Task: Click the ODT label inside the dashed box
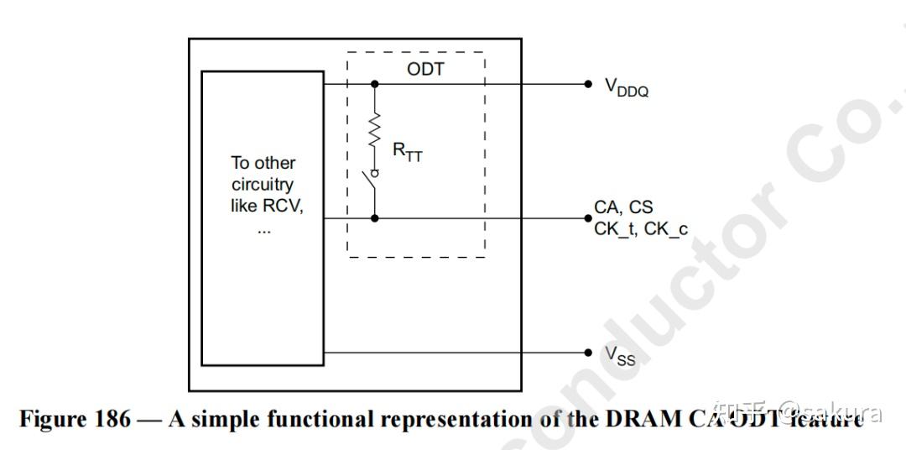(425, 69)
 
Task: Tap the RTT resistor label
(408, 152)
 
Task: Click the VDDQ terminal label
(627, 87)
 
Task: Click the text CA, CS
(623, 207)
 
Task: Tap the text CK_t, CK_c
(641, 228)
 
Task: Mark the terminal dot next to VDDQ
(588, 84)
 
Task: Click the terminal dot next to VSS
(588, 353)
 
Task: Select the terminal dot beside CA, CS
(588, 218)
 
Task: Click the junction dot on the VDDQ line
(375, 84)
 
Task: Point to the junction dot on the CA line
(375, 218)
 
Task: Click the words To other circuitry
(263, 174)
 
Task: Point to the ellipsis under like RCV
(263, 228)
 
